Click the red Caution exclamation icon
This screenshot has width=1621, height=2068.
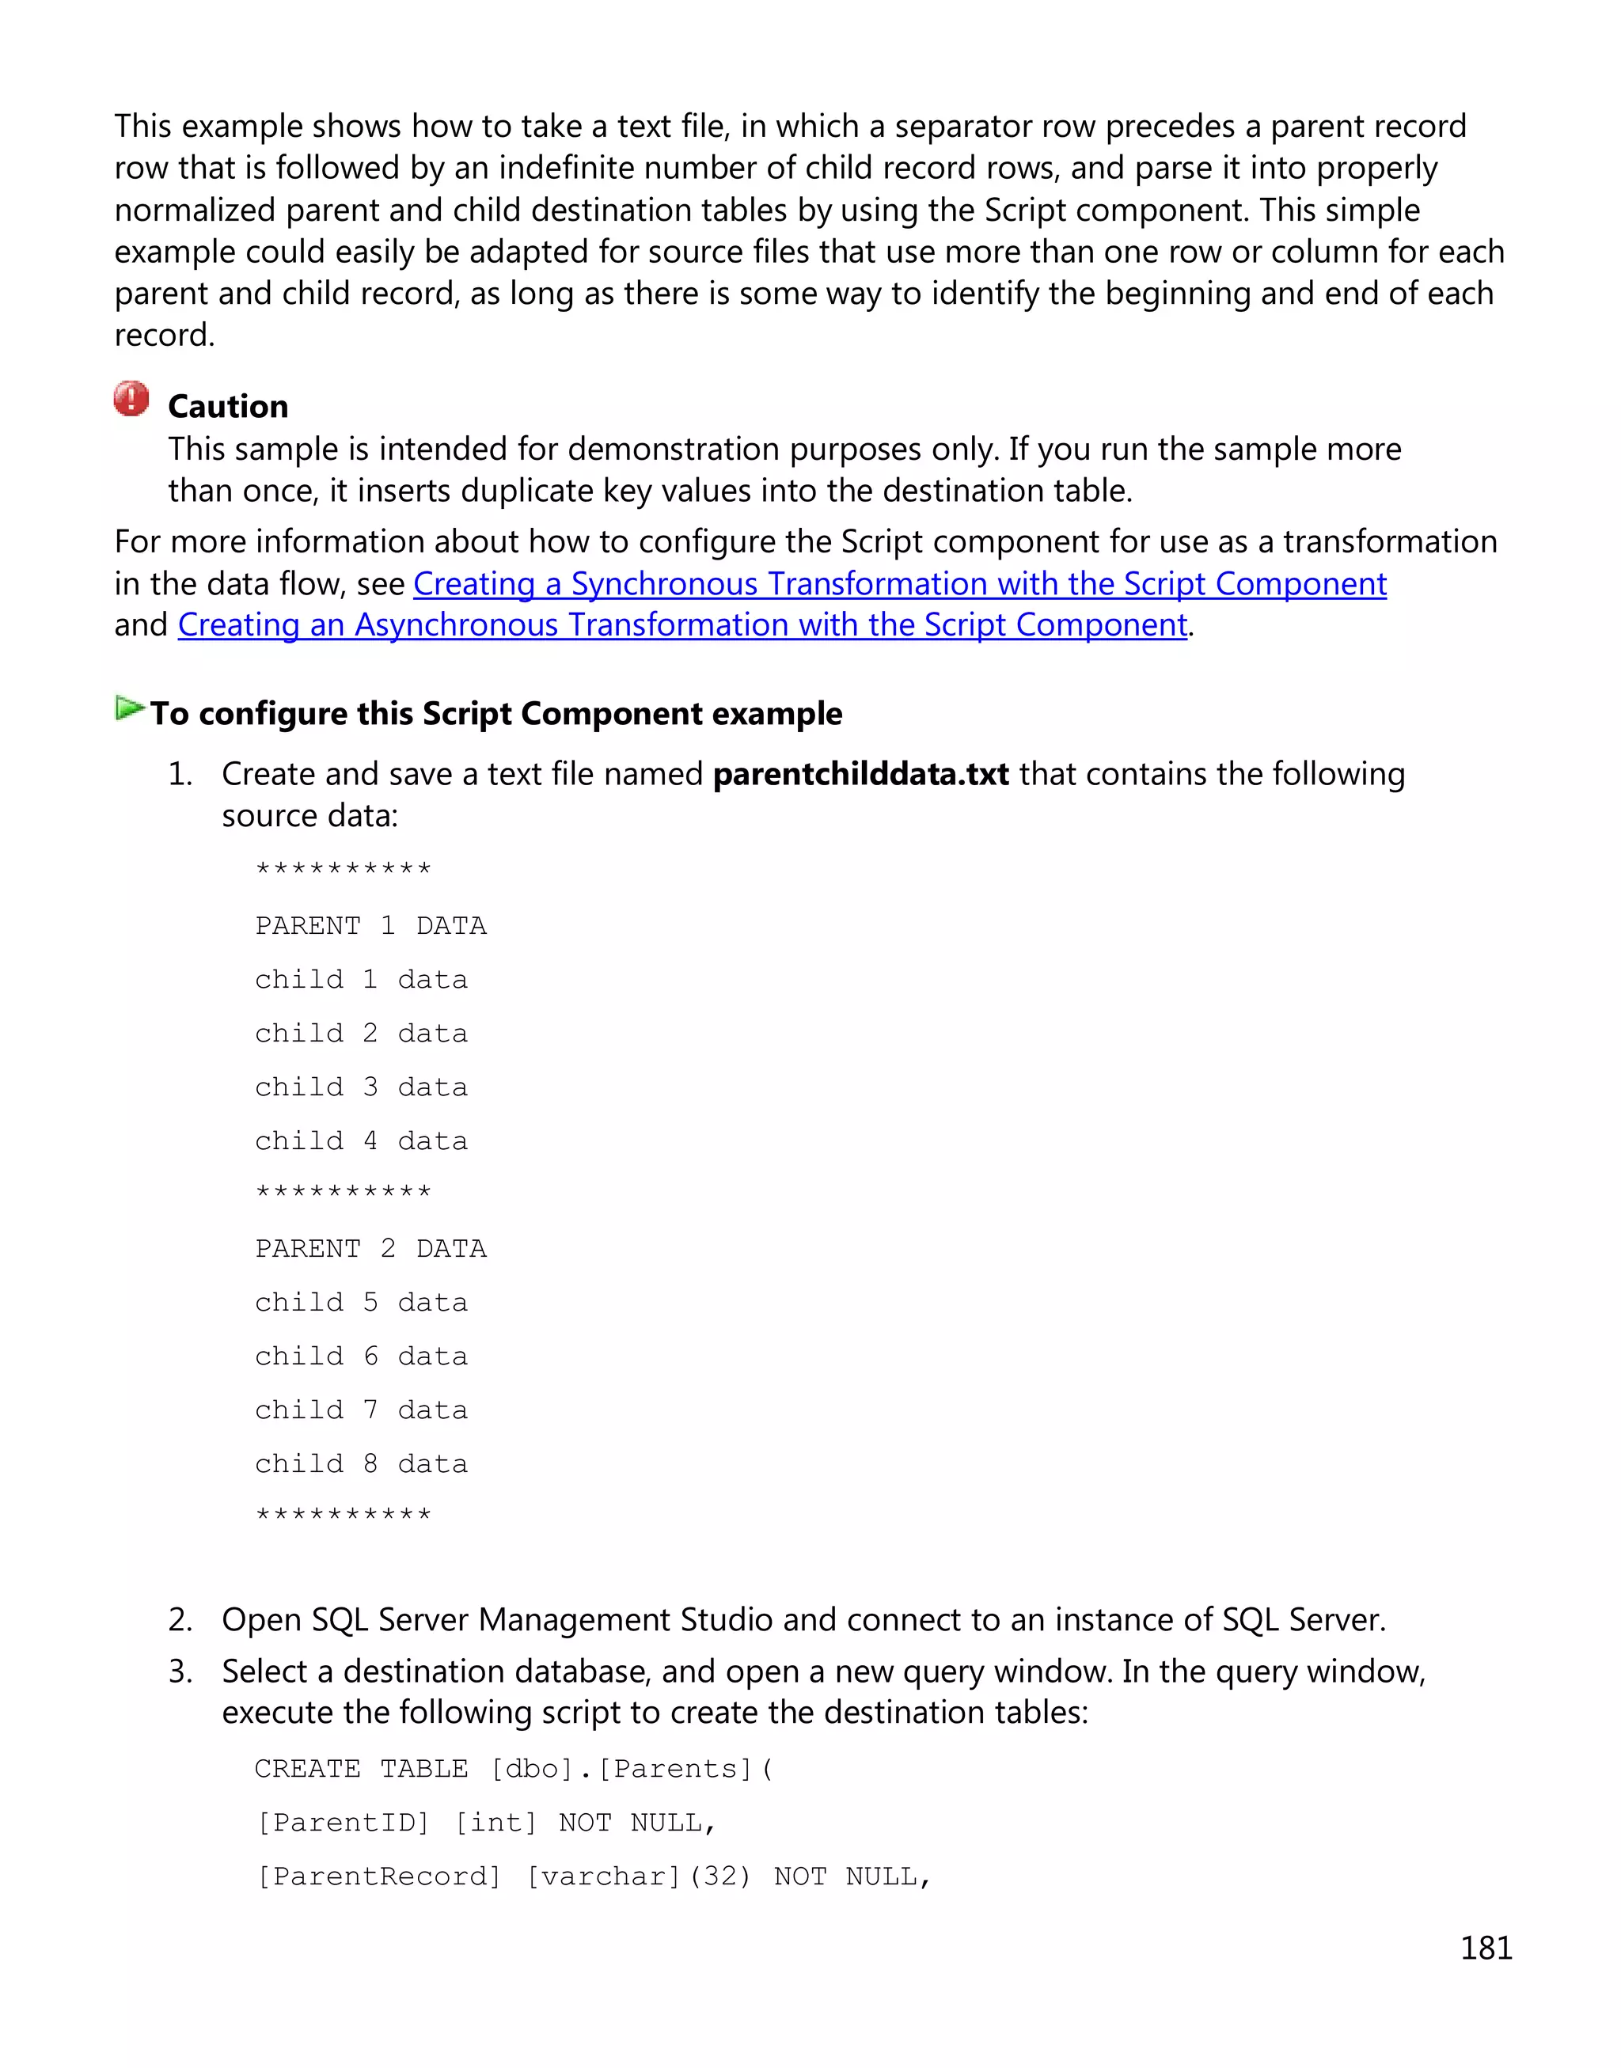131,399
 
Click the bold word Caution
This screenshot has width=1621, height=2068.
228,406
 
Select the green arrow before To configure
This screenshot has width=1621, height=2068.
129,708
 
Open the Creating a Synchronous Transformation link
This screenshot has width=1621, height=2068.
899,583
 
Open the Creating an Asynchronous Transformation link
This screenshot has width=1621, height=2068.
682,624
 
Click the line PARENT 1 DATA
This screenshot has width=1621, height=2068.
370,925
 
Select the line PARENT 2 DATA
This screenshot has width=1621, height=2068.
370,1248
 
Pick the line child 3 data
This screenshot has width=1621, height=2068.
361,1087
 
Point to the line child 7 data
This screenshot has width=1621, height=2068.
361,1410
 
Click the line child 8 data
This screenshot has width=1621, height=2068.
361,1463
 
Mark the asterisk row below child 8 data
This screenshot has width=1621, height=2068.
343,1515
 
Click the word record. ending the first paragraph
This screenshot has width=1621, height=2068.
164,335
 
